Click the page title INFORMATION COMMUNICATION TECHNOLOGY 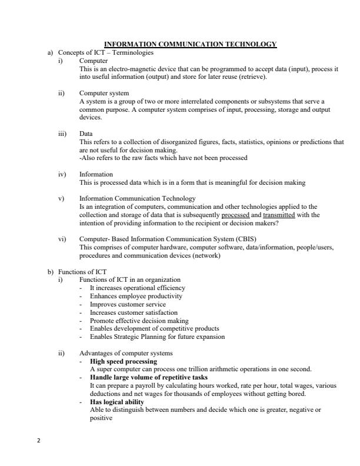coord(189,44)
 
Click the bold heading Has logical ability coord(116,402)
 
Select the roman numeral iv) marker coord(61,175)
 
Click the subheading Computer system coord(104,93)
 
